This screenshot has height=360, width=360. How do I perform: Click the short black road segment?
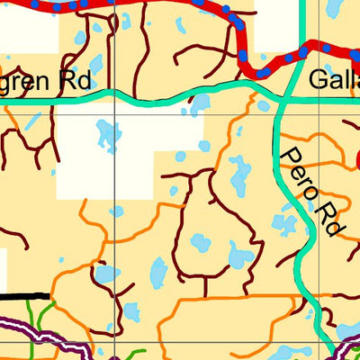[25, 294]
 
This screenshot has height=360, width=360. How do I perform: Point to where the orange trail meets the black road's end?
[50, 294]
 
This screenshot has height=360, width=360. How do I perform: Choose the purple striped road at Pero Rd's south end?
[346, 346]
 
